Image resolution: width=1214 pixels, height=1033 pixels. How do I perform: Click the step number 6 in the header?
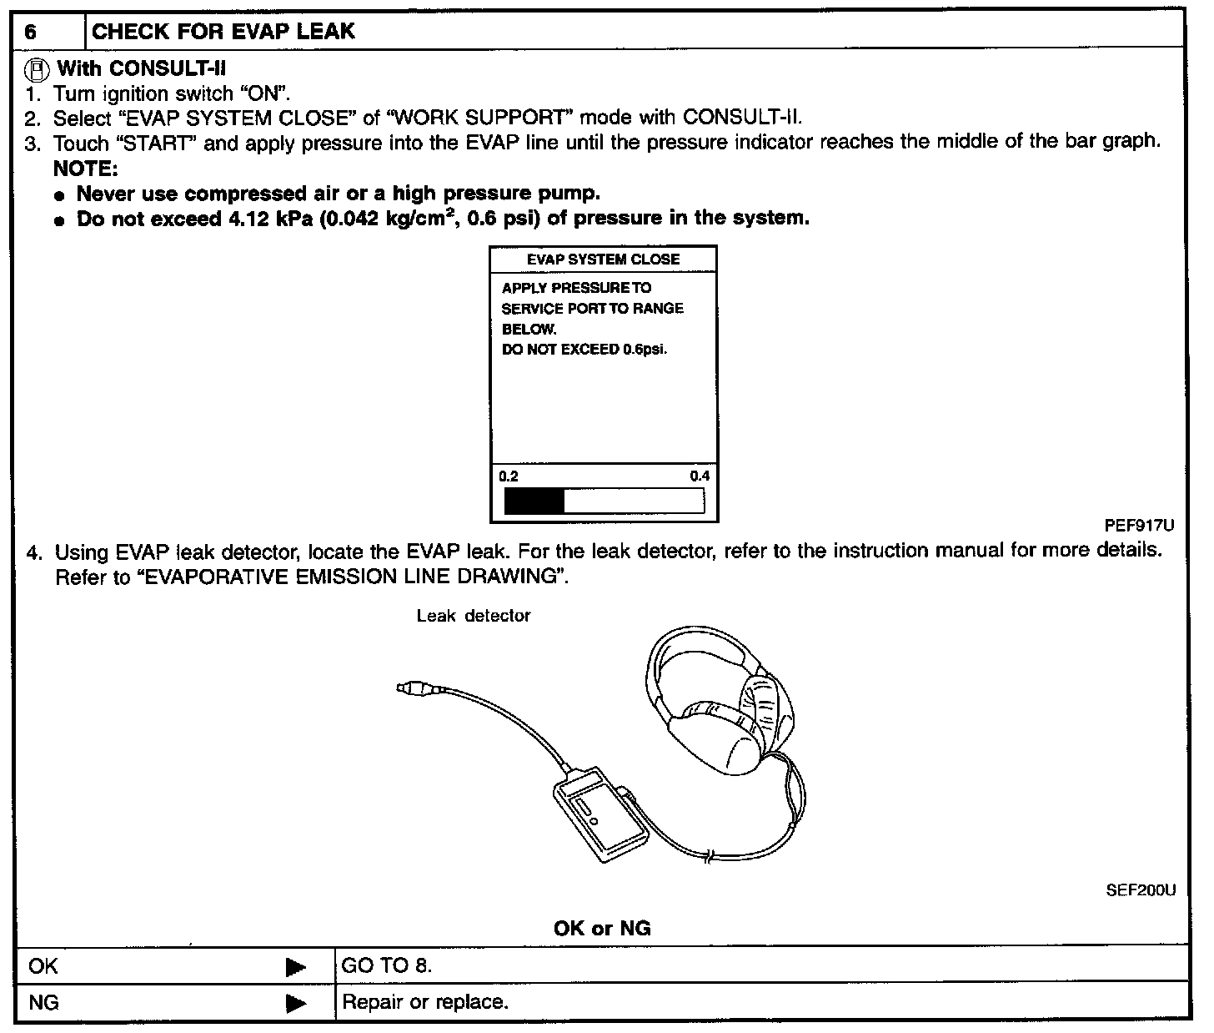(31, 33)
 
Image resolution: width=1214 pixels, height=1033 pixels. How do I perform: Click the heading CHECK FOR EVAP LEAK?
(223, 32)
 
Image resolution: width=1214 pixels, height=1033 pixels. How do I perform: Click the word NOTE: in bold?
(86, 169)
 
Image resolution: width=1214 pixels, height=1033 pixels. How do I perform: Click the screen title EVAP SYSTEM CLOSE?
(603, 260)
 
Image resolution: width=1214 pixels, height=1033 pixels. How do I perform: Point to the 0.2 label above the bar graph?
(509, 476)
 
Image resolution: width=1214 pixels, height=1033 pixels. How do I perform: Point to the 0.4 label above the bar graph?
(700, 476)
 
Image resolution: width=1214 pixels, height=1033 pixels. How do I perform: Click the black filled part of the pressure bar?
(534, 501)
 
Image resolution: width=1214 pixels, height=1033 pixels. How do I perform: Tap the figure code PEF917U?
(1139, 526)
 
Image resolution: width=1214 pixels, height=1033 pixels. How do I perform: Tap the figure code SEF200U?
(1140, 890)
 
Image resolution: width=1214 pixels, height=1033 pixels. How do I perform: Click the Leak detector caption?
(474, 616)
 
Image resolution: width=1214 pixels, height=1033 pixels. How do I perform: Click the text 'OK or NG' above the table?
(602, 928)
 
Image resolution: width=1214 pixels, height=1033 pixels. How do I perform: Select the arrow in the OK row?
(295, 967)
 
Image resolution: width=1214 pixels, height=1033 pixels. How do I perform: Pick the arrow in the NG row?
(295, 1002)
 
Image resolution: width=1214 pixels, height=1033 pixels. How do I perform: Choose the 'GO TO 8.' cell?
(387, 966)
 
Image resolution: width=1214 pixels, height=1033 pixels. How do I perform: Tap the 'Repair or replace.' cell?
(425, 1001)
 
